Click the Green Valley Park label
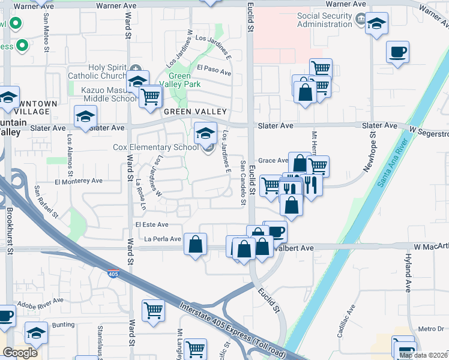179,80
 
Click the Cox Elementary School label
155,147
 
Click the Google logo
20,353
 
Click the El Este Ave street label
152,224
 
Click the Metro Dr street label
431,329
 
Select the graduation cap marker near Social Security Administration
376,25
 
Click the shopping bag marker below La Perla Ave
196,244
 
